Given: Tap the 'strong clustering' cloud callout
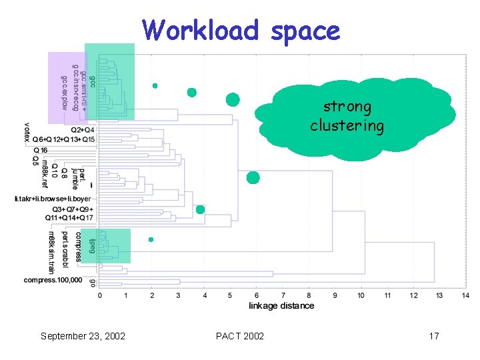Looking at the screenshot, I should tap(347, 117).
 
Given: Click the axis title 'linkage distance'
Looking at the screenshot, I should tap(281, 305).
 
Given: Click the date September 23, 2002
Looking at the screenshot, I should tap(83, 336).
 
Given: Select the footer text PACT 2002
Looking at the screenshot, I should tap(240, 336).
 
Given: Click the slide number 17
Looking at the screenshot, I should tap(433, 336).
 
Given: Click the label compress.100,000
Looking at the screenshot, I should tap(53, 280).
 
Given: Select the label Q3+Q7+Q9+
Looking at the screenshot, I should tap(73, 209).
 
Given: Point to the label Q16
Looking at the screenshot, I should tap(39, 151).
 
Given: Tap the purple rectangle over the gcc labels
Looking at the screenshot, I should tap(67, 87).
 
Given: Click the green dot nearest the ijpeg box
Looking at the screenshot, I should tap(151, 239).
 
